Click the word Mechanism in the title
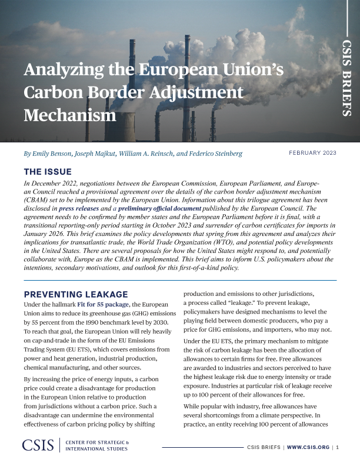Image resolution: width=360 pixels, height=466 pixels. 70,114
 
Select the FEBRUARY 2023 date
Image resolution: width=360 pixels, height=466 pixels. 312,153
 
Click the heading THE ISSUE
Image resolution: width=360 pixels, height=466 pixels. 47,172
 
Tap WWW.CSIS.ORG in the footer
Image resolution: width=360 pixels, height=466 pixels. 309,448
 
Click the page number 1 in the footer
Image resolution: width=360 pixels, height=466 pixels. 338,448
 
